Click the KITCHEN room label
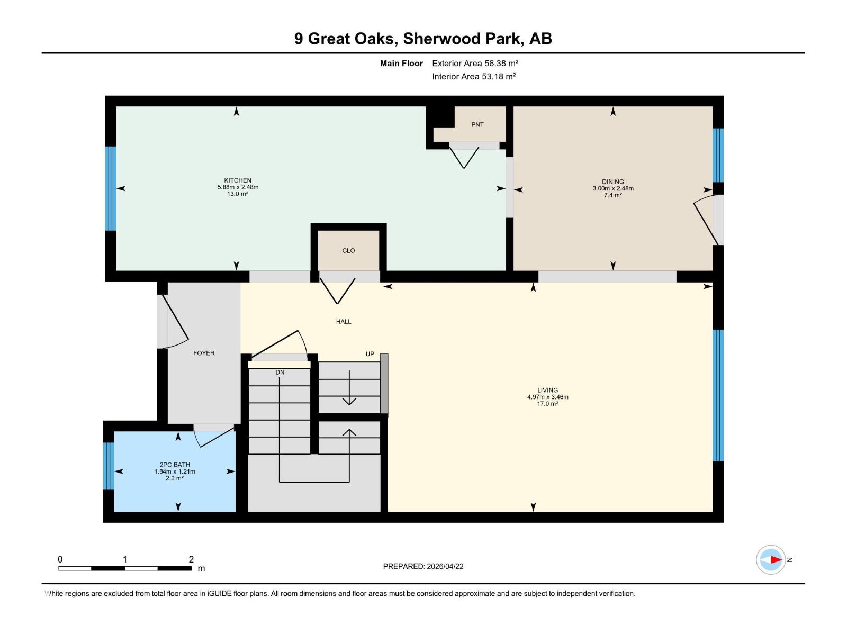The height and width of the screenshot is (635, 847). click(x=238, y=180)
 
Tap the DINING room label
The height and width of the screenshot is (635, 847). click(x=612, y=182)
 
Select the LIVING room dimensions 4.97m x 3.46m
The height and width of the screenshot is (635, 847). click(x=547, y=397)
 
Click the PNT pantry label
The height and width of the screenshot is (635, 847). click(x=477, y=125)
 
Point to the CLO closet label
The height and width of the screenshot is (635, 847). click(x=348, y=251)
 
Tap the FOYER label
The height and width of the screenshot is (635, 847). click(x=204, y=353)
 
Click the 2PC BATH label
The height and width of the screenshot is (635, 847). click(x=175, y=465)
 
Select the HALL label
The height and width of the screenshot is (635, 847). click(x=344, y=321)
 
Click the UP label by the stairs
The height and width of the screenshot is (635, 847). click(x=370, y=354)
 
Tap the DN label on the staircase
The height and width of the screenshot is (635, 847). click(x=280, y=373)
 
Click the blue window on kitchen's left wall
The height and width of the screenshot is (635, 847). click(x=110, y=188)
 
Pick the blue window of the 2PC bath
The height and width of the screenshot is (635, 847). click(x=108, y=466)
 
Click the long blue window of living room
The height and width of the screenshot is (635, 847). click(x=718, y=395)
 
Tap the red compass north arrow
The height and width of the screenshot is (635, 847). click(x=776, y=559)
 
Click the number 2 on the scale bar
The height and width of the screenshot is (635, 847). click(x=191, y=559)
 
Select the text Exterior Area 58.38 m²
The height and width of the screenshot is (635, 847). click(x=475, y=63)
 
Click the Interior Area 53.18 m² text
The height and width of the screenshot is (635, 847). click(x=474, y=76)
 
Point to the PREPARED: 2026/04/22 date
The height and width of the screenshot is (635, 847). click(x=423, y=566)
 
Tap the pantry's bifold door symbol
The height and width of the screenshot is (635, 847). click(x=464, y=157)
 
